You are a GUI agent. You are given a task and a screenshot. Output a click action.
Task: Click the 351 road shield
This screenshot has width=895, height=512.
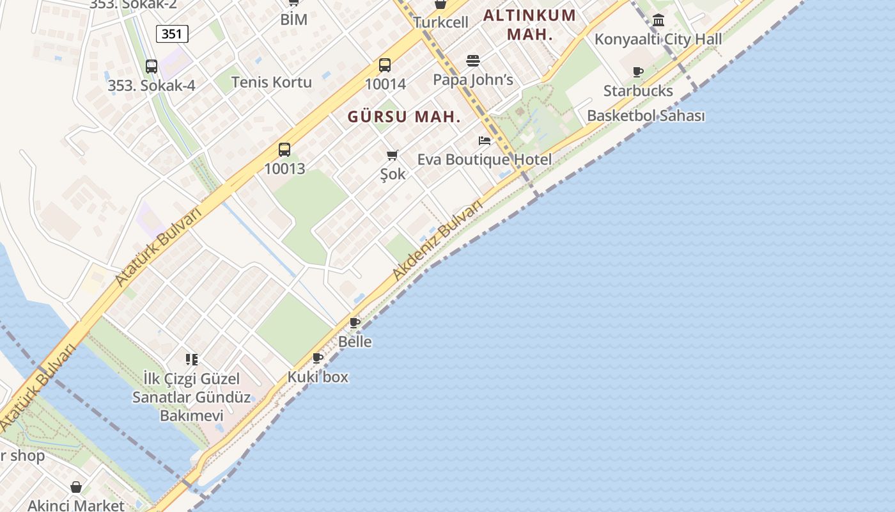(172, 34)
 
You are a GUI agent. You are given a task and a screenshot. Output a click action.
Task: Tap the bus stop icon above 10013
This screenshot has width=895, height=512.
(284, 150)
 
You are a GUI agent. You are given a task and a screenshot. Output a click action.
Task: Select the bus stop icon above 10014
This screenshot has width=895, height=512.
(385, 65)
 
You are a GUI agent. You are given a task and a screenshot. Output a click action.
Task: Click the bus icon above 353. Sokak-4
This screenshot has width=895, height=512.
(152, 66)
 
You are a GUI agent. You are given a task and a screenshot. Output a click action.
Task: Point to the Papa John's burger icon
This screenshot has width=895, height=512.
(473, 61)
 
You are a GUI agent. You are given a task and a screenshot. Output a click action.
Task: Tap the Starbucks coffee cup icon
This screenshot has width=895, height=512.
(637, 72)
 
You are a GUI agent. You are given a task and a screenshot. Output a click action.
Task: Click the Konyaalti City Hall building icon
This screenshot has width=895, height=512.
(658, 20)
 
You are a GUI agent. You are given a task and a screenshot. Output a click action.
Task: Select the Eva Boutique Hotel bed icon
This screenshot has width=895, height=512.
(485, 140)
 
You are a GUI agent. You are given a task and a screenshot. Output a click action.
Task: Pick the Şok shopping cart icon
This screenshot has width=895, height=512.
(393, 155)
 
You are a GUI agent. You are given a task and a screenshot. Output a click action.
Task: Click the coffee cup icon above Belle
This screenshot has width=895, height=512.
(355, 323)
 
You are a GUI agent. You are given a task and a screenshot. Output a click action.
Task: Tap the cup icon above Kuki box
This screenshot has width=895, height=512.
(318, 358)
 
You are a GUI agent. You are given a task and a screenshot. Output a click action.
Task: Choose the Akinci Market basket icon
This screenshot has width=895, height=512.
(76, 488)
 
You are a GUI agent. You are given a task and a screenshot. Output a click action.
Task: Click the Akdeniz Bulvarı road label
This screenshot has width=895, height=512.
(437, 241)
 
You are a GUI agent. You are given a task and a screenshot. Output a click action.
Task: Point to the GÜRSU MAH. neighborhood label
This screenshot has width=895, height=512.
(404, 117)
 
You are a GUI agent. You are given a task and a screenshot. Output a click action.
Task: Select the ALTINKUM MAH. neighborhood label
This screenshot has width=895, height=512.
(529, 24)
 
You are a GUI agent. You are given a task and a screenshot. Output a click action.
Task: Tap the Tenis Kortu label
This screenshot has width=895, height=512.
(272, 82)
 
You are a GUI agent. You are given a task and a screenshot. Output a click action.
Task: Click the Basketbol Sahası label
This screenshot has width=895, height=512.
(646, 116)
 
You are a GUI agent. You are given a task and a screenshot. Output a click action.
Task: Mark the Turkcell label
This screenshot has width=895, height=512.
(440, 22)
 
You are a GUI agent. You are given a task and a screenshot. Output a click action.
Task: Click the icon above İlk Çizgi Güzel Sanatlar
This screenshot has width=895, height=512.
(192, 360)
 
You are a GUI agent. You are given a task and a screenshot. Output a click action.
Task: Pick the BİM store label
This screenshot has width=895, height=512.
(294, 20)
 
